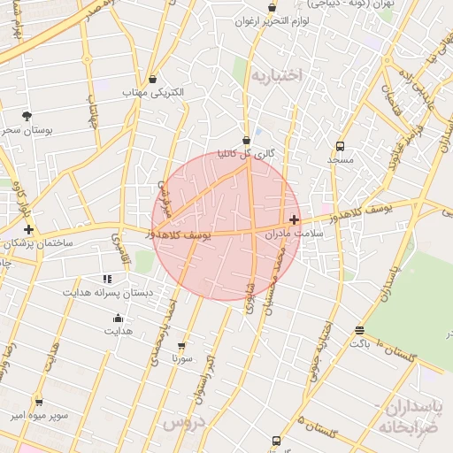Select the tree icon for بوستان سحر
tap(27, 115)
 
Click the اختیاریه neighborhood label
tap(276, 76)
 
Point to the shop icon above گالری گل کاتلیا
tap(246, 140)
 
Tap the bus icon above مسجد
tap(340, 147)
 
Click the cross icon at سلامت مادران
tap(295, 219)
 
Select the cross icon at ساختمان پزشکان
tap(29, 229)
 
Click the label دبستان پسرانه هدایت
tap(108, 291)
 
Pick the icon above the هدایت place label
tap(118, 319)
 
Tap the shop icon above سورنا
tap(182, 346)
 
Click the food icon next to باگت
tap(359, 330)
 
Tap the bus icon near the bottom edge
tap(276, 441)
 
